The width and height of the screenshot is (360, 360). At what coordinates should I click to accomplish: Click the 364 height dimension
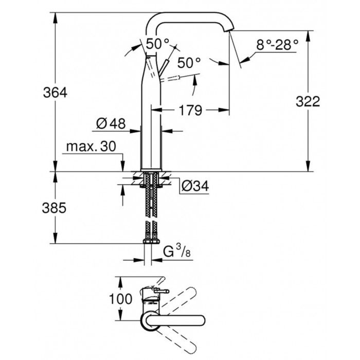click(x=56, y=93)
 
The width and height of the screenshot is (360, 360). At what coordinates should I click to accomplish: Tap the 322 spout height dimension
click(x=308, y=101)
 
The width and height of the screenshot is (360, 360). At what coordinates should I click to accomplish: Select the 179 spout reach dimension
click(x=190, y=110)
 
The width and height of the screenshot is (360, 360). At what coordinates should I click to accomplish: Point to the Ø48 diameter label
click(x=111, y=123)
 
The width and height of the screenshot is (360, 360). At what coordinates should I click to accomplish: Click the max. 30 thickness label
click(x=91, y=146)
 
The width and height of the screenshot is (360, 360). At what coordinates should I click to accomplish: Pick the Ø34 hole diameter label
click(x=195, y=186)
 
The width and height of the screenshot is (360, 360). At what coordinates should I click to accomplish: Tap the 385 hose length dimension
click(x=54, y=208)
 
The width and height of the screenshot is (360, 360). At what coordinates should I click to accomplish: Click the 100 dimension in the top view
click(x=120, y=299)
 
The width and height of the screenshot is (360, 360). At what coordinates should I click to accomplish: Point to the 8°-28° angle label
click(x=277, y=45)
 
